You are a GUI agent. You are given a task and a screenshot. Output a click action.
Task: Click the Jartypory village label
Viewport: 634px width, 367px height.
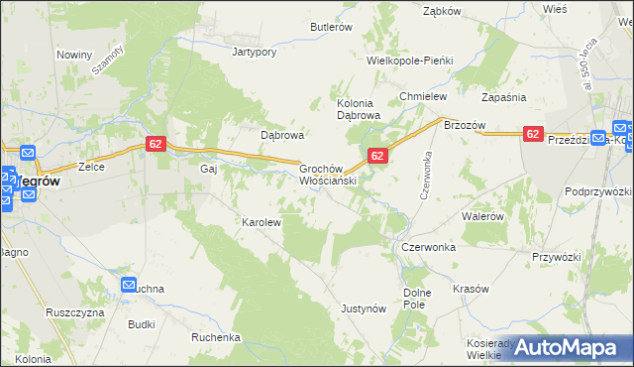254,51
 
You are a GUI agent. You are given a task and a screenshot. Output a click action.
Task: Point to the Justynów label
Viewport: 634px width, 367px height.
363,308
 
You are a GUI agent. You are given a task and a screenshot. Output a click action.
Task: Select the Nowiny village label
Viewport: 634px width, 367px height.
74,55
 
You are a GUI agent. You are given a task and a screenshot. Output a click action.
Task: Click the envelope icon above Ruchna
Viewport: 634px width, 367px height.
130,285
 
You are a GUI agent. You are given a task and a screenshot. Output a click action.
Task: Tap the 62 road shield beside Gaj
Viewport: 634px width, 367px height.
155,144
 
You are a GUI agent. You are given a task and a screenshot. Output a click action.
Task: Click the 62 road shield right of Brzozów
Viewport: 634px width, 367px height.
533,134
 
